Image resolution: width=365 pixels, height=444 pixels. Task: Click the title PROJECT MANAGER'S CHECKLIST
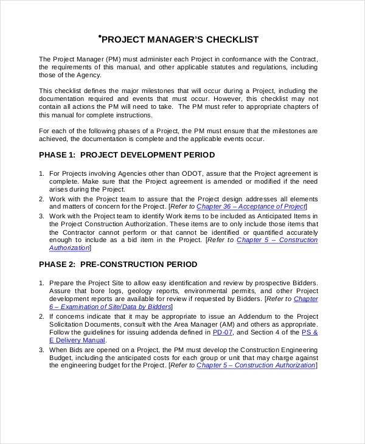pyautogui.click(x=179, y=40)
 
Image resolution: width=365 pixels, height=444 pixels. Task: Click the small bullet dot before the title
pyautogui.click(x=99, y=37)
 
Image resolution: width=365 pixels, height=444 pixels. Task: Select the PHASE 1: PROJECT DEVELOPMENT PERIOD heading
pyautogui.click(x=127, y=155)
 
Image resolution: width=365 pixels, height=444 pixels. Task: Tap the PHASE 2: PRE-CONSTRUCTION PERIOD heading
pyautogui.click(x=118, y=265)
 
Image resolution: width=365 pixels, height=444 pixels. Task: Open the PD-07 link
pyautogui.click(x=222, y=332)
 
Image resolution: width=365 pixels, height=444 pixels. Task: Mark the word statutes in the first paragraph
pyautogui.click(x=222, y=67)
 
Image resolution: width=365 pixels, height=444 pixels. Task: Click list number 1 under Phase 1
pyautogui.click(x=41, y=174)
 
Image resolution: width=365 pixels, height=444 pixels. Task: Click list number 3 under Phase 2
pyautogui.click(x=41, y=349)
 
